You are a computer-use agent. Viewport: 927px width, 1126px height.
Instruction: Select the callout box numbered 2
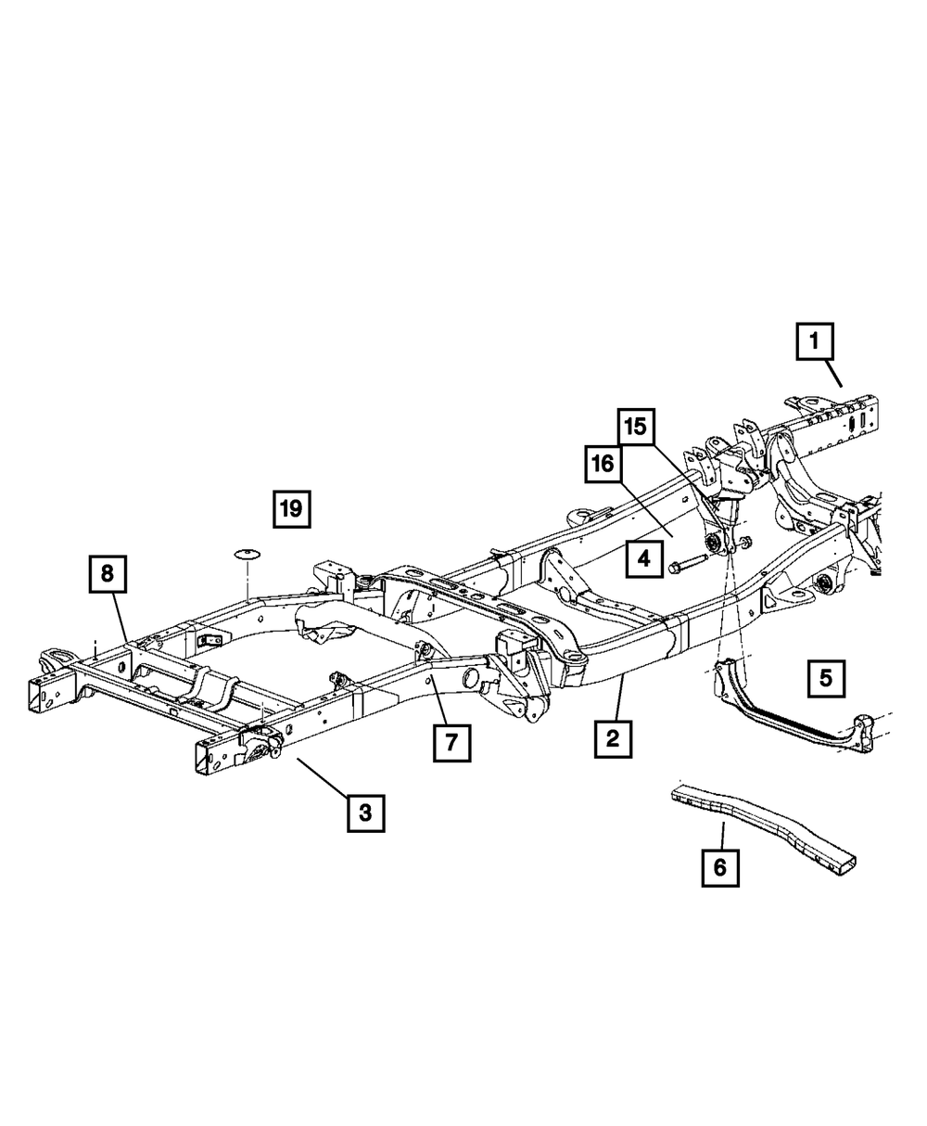coord(613,738)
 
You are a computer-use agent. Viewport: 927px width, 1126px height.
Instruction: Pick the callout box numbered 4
coord(644,558)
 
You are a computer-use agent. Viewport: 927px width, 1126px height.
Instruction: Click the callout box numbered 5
coord(825,677)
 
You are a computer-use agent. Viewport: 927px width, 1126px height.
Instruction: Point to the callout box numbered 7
coord(451,741)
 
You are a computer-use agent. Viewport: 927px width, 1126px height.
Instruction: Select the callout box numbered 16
coord(603,463)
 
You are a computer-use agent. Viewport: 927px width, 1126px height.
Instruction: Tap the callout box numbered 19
coord(291,507)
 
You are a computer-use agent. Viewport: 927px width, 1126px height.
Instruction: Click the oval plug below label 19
coord(247,554)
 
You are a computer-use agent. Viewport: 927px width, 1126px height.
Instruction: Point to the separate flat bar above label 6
coord(760,821)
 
